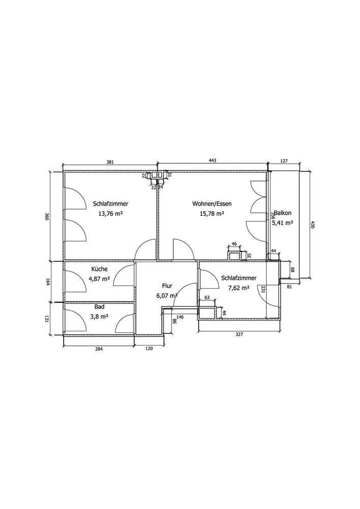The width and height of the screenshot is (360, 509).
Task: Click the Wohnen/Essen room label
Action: (x=212, y=204)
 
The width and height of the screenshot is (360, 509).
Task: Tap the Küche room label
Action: (x=99, y=269)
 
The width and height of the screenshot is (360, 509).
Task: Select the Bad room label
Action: (x=99, y=307)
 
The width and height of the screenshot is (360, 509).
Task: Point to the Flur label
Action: (x=167, y=286)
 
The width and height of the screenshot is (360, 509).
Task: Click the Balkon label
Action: (x=283, y=213)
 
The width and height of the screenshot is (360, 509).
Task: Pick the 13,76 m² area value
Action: (x=110, y=214)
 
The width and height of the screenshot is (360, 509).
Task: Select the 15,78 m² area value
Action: (x=212, y=214)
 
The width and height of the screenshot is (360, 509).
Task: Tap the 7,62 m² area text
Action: (x=239, y=288)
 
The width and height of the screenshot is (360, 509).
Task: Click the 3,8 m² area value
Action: (x=99, y=317)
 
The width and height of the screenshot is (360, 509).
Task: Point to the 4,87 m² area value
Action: (x=99, y=278)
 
